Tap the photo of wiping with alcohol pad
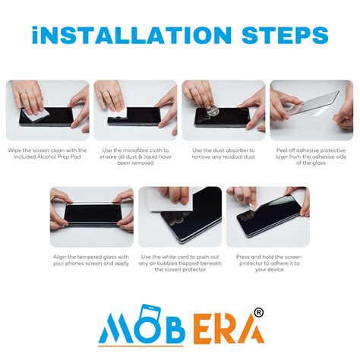coord(47,110)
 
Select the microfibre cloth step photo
coord(135,110)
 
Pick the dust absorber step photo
coord(223,110)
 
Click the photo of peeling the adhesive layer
coord(311,110)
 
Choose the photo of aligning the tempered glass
coord(91,217)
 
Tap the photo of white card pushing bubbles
coord(180,217)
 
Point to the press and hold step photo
coord(268,217)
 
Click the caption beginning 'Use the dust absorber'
coord(223,154)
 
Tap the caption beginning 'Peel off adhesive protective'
coord(311,157)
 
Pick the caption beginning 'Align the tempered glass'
coord(91,261)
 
